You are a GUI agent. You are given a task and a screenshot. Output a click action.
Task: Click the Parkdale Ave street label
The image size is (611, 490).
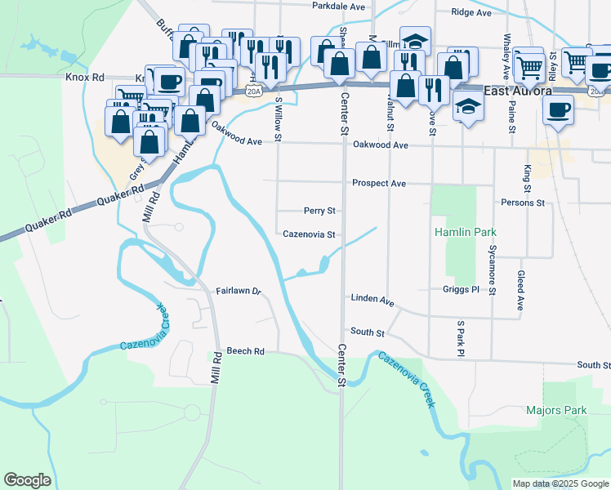pos(338,6)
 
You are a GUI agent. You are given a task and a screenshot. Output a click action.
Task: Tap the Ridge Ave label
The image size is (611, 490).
pos(473,12)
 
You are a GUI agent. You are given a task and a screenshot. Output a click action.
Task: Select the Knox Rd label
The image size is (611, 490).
pos(85,77)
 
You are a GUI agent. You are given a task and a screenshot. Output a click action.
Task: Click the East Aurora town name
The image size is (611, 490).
pos(519,91)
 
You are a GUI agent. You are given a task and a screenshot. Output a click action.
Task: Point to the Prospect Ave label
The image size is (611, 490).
pos(379,184)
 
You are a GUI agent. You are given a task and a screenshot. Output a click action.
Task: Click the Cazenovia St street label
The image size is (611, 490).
pos(310,234)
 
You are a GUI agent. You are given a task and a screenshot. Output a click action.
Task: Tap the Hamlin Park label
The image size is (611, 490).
pos(465,233)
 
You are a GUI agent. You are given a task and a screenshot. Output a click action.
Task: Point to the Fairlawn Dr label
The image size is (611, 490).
pos(239,291)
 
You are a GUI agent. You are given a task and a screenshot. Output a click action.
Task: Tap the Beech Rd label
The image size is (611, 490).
pos(246,351)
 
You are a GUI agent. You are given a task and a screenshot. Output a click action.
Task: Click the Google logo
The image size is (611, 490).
pos(27,480)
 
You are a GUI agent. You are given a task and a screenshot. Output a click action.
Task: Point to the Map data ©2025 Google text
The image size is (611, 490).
pos(560,483)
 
